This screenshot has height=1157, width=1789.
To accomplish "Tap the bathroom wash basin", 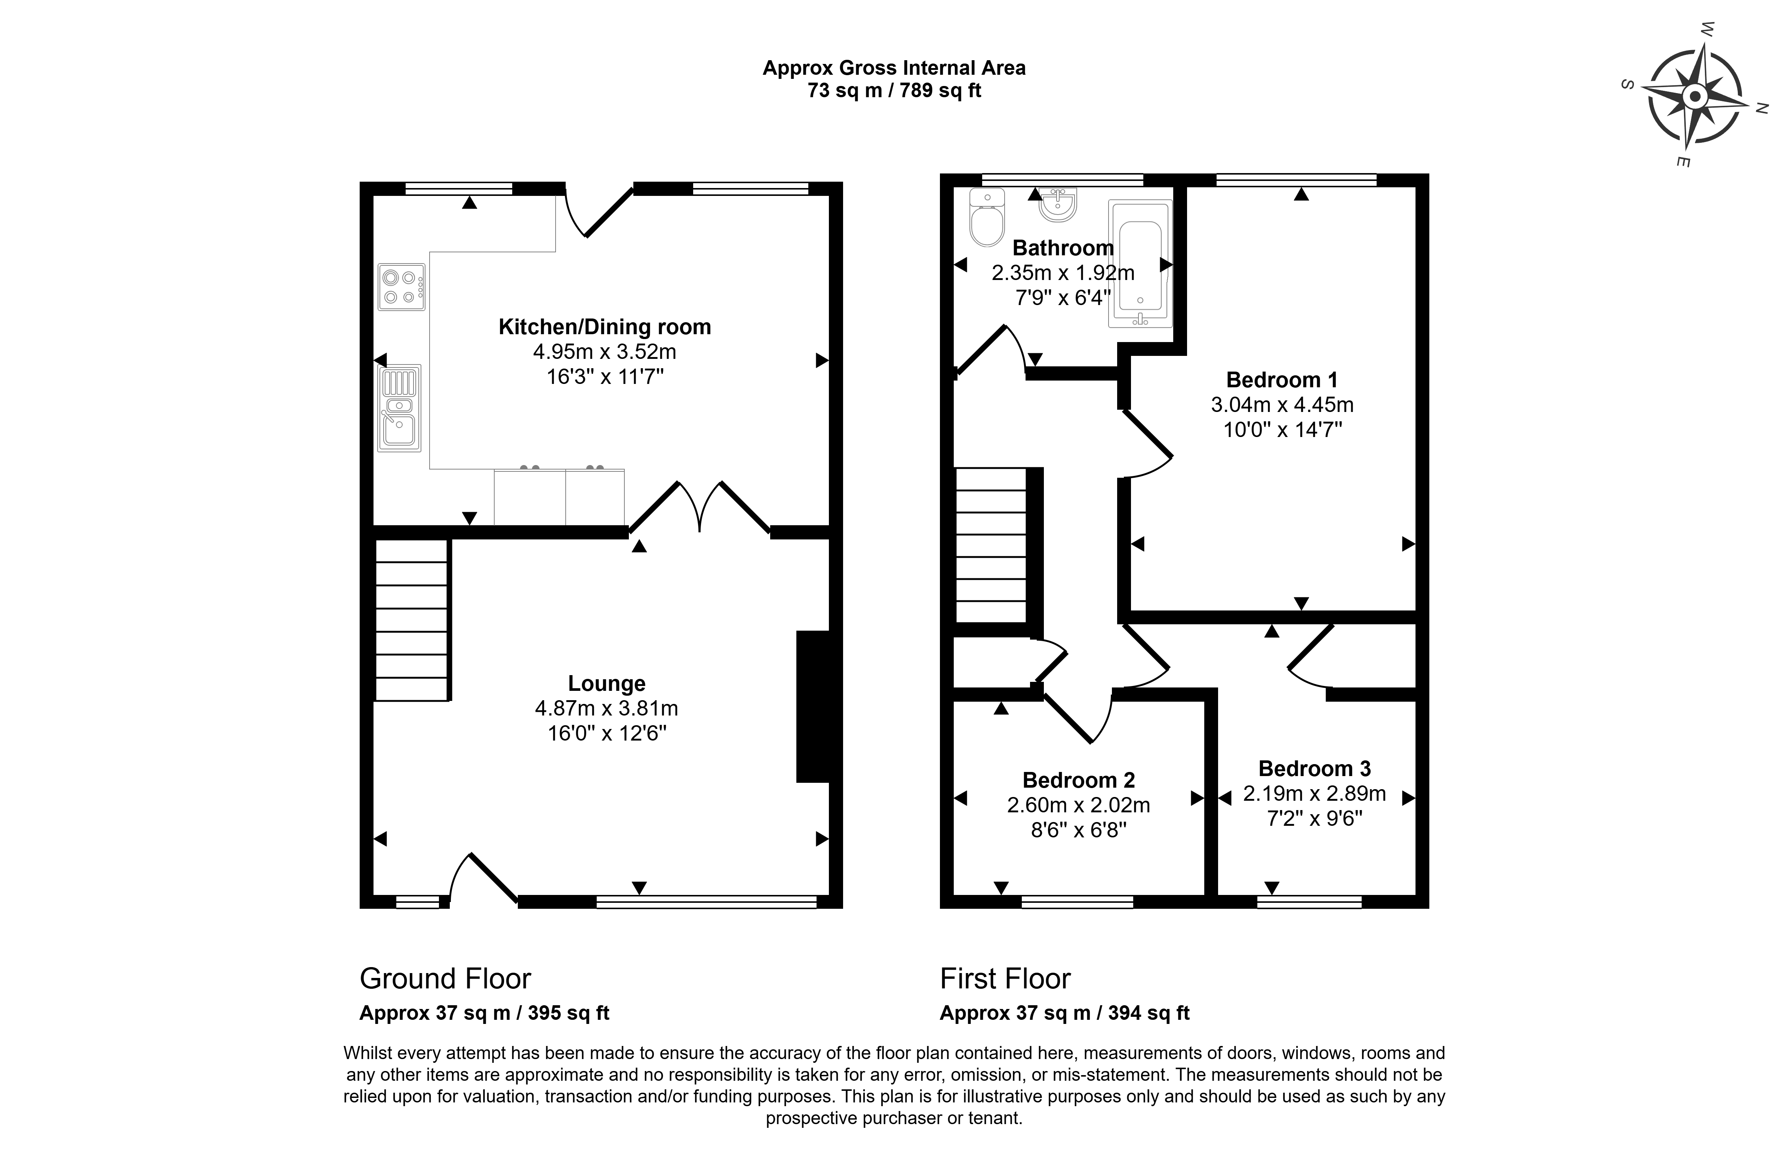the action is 1058,204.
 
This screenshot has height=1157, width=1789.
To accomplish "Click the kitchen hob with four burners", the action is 401,287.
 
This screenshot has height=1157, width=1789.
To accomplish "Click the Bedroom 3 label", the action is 1314,769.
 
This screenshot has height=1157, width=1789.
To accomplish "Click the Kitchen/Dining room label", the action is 605,327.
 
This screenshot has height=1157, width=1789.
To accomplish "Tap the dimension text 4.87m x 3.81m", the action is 606,708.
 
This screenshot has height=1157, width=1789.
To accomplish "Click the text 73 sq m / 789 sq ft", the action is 894,91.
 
